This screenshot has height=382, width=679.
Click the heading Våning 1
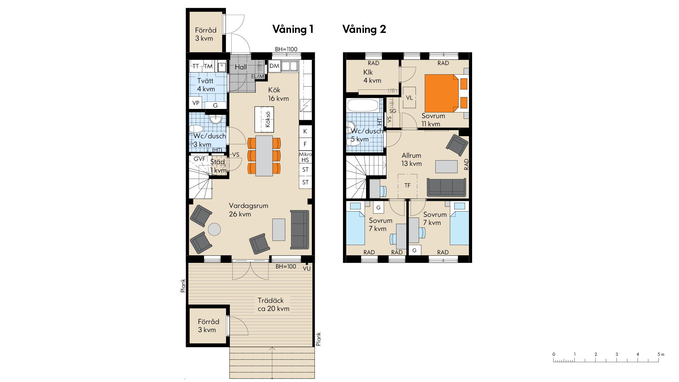pyautogui.click(x=293, y=29)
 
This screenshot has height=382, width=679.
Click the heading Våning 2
pyautogui.click(x=364, y=29)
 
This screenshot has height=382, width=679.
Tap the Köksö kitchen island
pyautogui.click(x=264, y=120)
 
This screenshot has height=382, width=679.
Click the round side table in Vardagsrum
pyautogui.click(x=214, y=229)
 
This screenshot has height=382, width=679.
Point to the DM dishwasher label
pyautogui.click(x=274, y=66)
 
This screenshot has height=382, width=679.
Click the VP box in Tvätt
pyautogui.click(x=196, y=103)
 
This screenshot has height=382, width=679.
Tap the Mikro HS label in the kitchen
pyautogui.click(x=306, y=157)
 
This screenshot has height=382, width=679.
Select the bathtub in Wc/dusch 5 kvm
pyautogui.click(x=363, y=105)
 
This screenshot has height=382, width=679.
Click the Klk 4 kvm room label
pyautogui.click(x=372, y=76)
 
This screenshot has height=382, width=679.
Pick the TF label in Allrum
pyautogui.click(x=407, y=185)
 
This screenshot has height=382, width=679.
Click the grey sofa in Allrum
pyautogui.click(x=446, y=187)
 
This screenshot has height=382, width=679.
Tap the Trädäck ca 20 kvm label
pyautogui.click(x=273, y=305)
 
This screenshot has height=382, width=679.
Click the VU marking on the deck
pyautogui.click(x=307, y=268)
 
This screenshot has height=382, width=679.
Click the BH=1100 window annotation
pyautogui.click(x=286, y=49)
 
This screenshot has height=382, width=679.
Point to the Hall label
pyautogui.click(x=241, y=67)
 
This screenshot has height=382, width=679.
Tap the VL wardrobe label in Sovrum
pyautogui.click(x=409, y=98)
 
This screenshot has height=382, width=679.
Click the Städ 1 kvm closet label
pyautogui.click(x=218, y=166)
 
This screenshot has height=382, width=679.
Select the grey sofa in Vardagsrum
pyautogui.click(x=300, y=230)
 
